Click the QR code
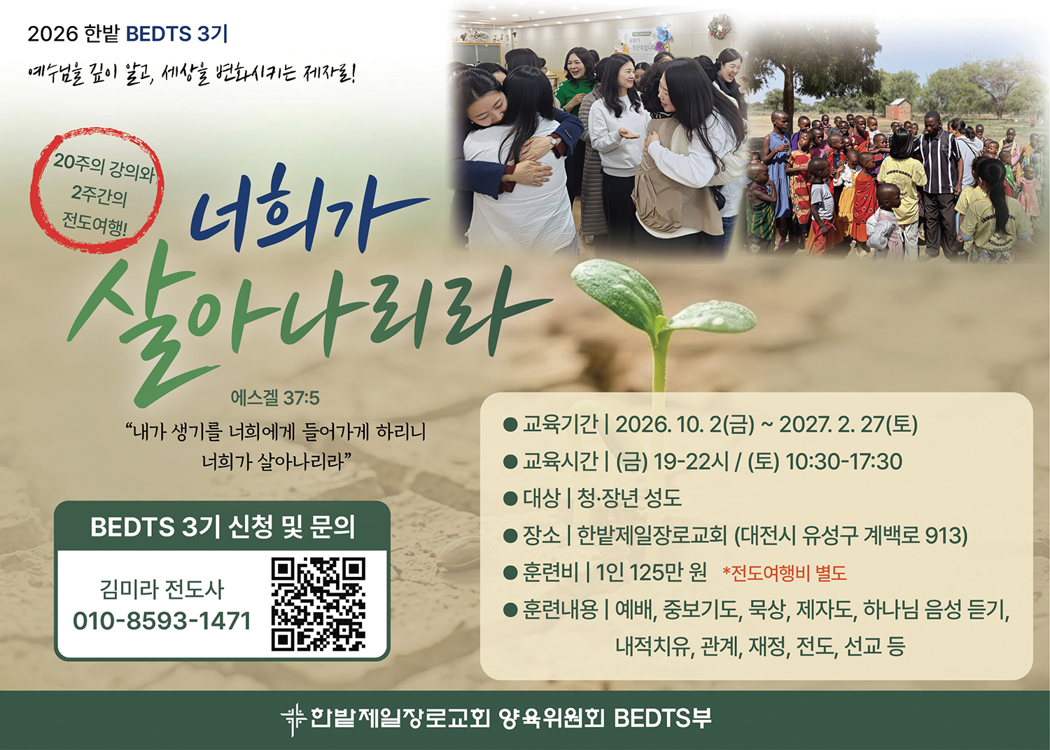[x=318, y=604]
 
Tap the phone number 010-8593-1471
[x=162, y=620]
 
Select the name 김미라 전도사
[x=162, y=589]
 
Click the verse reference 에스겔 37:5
[x=275, y=398]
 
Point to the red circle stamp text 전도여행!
[x=94, y=223]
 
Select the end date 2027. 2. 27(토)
[x=848, y=424]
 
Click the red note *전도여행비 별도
[x=785, y=573]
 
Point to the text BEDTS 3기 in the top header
[x=176, y=34]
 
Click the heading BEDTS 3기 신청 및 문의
[x=223, y=527]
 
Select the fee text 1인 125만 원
[x=651, y=572]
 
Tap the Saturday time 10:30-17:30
[x=843, y=461]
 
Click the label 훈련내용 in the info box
[x=561, y=609]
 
